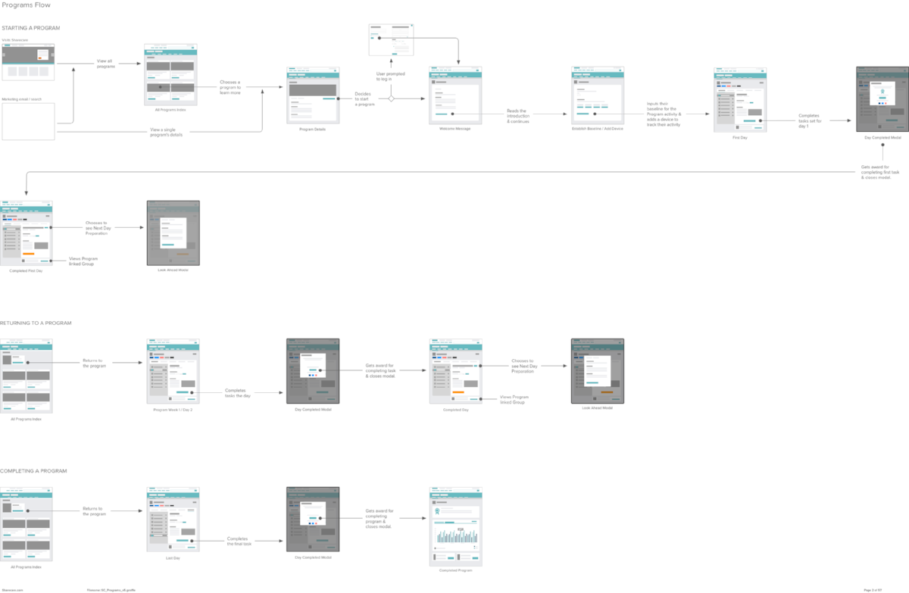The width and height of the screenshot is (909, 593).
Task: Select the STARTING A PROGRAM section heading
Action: (x=31, y=28)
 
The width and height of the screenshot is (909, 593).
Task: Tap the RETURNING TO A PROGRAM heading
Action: (x=36, y=323)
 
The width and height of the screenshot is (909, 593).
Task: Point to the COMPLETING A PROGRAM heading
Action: (x=33, y=470)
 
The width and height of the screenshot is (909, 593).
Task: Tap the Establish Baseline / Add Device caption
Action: (x=597, y=129)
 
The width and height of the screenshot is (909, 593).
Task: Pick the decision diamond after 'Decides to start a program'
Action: (x=392, y=99)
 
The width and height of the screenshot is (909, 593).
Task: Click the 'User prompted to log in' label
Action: (x=389, y=76)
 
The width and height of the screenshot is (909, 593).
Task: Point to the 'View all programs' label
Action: (x=106, y=64)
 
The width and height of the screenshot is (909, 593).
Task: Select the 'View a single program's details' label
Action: (x=166, y=133)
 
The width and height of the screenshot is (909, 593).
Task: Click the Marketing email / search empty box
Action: (x=28, y=121)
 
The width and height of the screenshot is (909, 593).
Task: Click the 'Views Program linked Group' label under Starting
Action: (x=83, y=261)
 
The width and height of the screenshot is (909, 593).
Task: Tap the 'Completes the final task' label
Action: (x=239, y=542)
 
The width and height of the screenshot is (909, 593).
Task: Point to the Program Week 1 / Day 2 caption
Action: (x=172, y=410)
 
